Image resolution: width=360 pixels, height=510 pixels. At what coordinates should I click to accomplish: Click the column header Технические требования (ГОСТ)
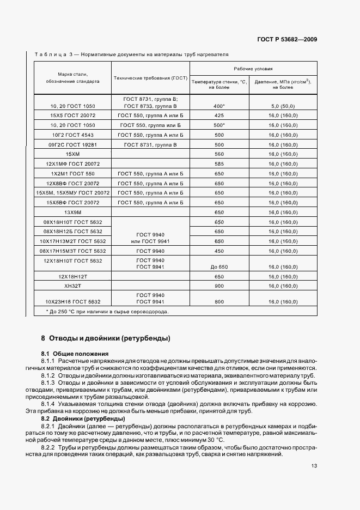tap(150, 78)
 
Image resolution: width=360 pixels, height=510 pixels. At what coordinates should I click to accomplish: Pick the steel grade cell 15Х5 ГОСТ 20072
tap(72, 116)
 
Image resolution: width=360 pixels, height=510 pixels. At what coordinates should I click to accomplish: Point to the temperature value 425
tap(219, 116)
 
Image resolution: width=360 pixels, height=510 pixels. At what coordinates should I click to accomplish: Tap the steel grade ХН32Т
tap(72, 286)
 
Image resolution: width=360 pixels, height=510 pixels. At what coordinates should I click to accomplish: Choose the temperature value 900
tap(219, 286)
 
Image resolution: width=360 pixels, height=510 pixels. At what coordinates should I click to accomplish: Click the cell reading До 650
tap(219, 268)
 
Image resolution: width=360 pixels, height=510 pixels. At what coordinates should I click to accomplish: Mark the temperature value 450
tap(219, 251)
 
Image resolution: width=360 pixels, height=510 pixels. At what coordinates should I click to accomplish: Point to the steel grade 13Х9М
tap(72, 212)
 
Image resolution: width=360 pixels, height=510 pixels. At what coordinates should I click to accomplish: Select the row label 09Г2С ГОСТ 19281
tap(72, 144)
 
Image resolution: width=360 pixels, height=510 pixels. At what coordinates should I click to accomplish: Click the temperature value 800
tap(219, 301)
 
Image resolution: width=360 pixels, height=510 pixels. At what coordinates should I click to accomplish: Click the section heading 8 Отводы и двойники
tap(106, 338)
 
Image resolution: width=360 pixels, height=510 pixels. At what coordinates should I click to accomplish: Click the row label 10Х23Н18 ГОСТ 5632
tap(72, 301)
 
